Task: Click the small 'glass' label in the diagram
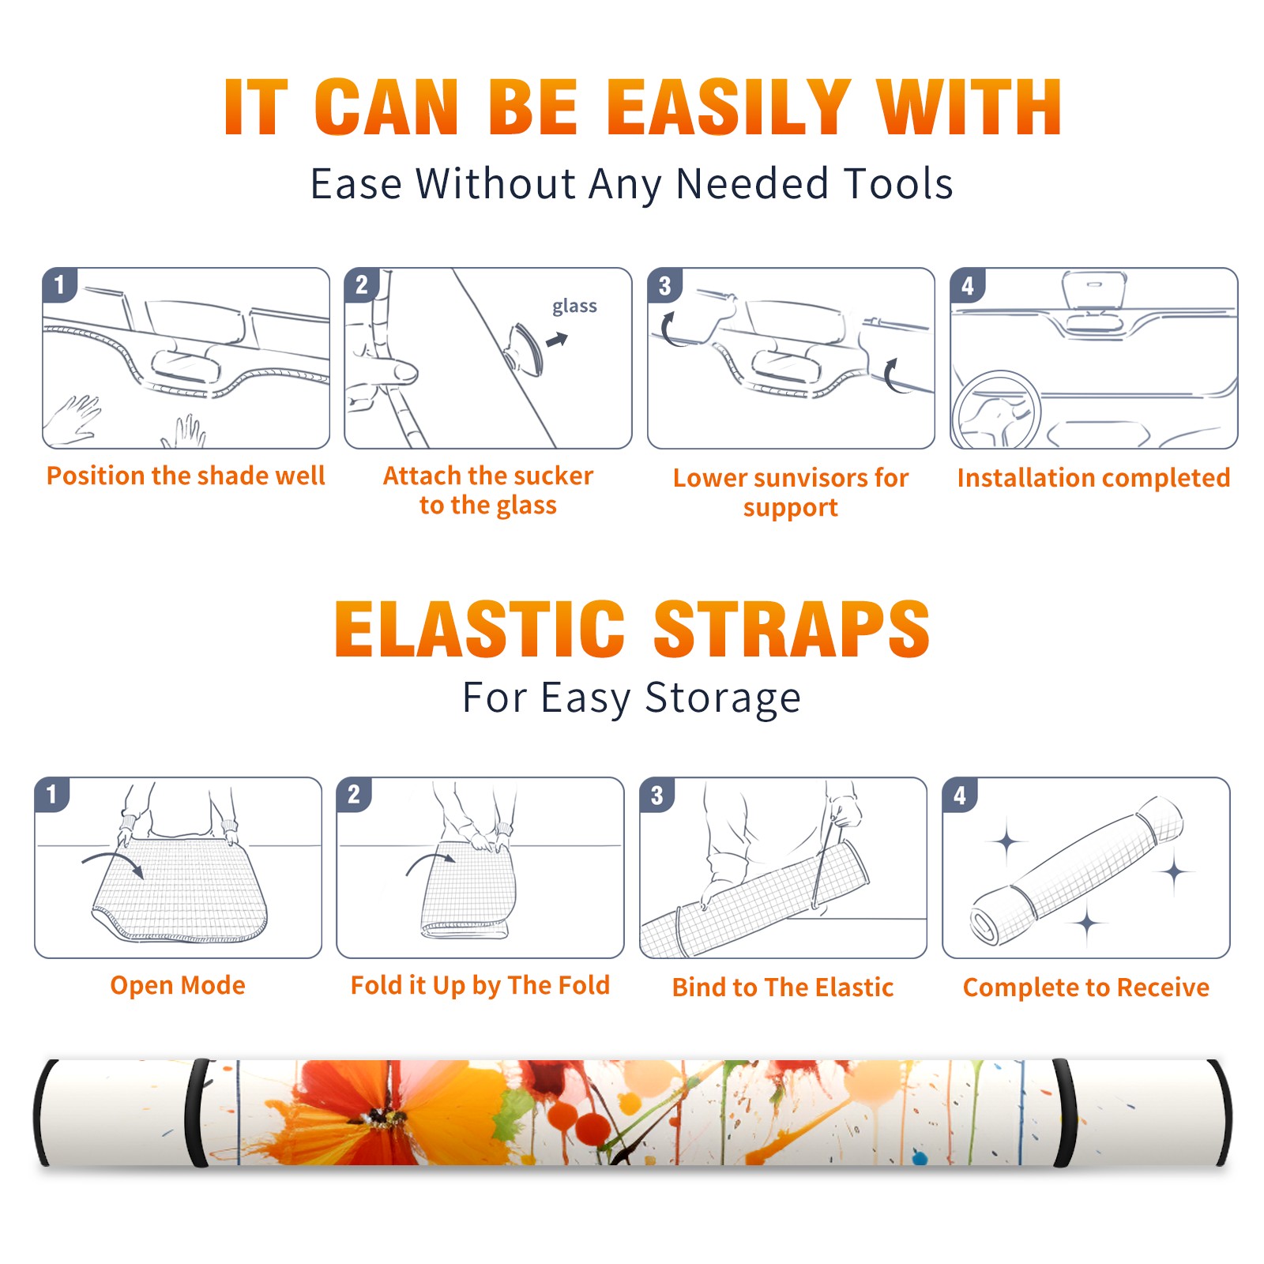(574, 307)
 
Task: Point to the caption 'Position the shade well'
(186, 476)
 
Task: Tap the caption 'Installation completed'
(1093, 477)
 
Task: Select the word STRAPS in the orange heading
(792, 629)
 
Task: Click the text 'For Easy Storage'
(631, 698)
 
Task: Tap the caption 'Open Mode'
(178, 985)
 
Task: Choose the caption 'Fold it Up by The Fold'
(480, 986)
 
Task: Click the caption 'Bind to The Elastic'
(783, 987)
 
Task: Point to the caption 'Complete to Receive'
(1086, 987)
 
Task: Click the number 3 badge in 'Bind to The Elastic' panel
(656, 795)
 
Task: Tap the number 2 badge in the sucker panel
(361, 285)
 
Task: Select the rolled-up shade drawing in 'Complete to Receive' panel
(1077, 871)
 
